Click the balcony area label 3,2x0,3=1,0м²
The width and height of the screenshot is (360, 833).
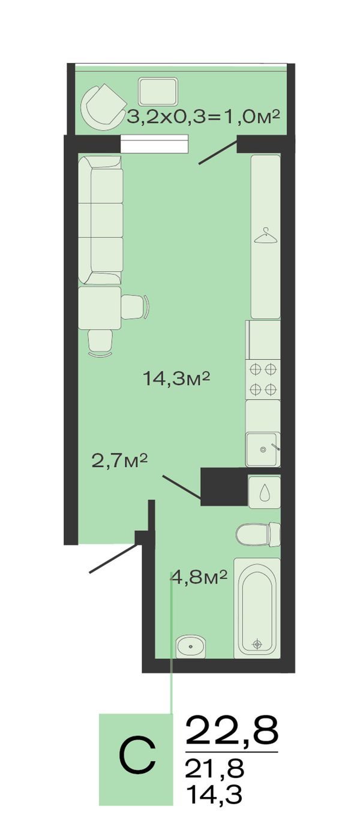(203, 117)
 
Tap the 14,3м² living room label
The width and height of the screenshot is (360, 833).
(176, 379)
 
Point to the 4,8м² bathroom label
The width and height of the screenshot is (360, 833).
(199, 578)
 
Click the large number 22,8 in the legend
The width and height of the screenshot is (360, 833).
(232, 730)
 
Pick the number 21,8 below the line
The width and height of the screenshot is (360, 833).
(215, 769)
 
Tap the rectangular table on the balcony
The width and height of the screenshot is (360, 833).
(158, 92)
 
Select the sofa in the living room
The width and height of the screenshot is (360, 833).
(100, 220)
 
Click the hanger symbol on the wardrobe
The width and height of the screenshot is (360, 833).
(266, 236)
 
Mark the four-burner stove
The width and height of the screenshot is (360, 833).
(263, 379)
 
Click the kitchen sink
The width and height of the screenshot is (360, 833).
(263, 449)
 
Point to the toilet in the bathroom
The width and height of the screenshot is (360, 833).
(258, 535)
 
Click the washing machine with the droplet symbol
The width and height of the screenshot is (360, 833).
(265, 492)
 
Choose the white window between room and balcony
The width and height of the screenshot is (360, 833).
(154, 143)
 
